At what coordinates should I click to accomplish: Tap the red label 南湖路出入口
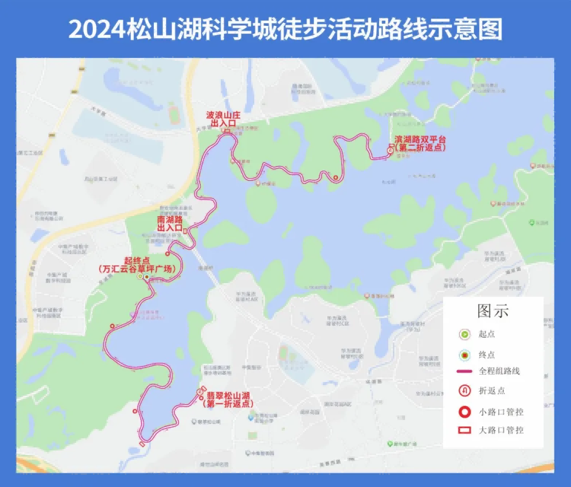170,225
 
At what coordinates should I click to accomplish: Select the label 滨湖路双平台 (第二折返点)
420,143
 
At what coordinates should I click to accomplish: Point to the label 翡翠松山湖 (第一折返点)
228,399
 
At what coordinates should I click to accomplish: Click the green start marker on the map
140,276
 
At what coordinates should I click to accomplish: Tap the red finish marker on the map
147,277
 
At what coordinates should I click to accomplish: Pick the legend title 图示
492,311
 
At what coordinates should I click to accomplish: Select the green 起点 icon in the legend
464,334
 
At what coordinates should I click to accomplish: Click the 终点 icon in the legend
464,355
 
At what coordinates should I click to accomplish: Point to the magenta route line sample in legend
464,371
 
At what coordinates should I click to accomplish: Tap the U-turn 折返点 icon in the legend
464,391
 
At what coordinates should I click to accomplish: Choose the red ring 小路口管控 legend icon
464,411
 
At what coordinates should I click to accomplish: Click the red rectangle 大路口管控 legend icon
464,430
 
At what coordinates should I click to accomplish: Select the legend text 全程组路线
499,371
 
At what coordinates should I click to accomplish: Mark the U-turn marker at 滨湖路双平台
390,150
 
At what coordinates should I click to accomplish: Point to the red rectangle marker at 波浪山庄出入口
227,131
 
